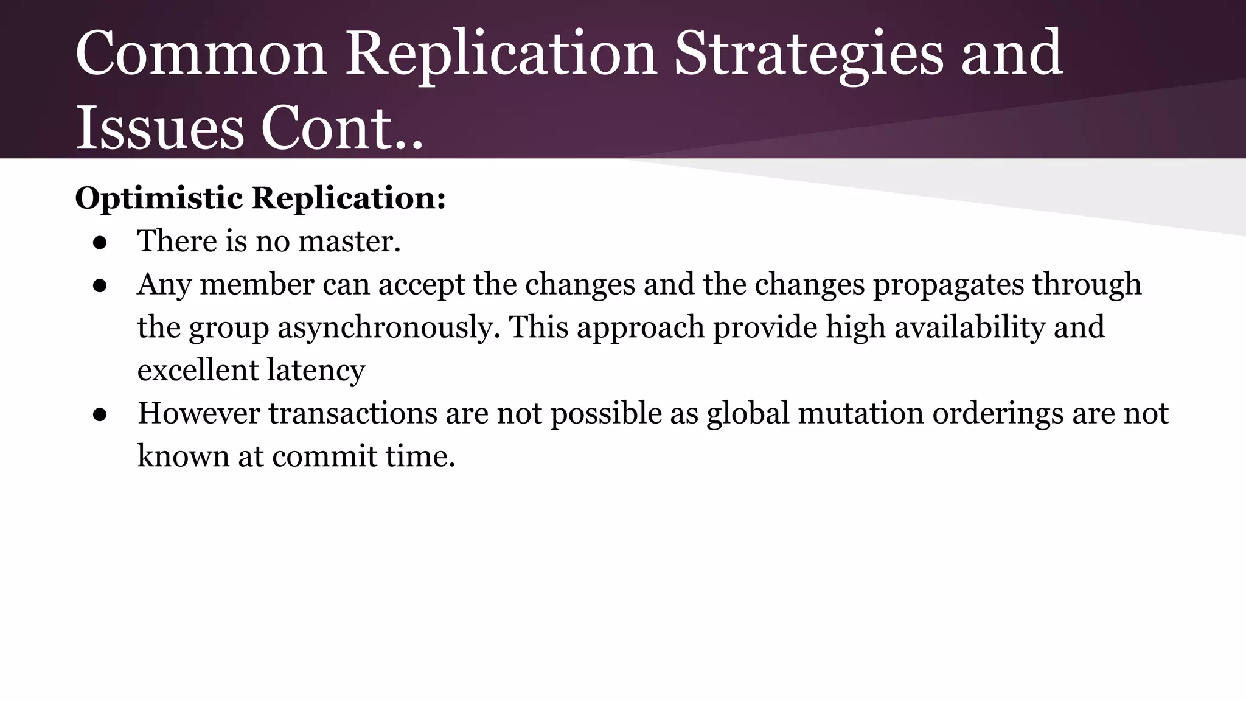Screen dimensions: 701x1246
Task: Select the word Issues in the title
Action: [x=159, y=129]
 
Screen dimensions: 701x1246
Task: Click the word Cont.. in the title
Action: [x=342, y=129]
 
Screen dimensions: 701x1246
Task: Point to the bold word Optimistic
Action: [x=159, y=198]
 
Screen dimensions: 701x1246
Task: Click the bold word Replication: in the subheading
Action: [x=349, y=198]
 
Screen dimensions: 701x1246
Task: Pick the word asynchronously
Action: [x=389, y=328]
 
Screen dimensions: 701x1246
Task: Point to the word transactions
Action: [x=352, y=414]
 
